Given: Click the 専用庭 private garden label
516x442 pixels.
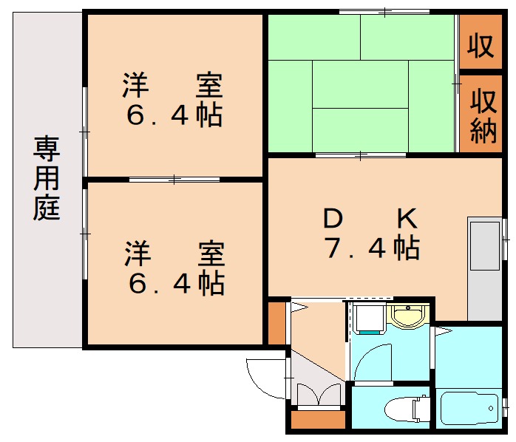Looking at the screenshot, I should click(46, 179).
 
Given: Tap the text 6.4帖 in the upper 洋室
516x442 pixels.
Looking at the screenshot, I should click(174, 117).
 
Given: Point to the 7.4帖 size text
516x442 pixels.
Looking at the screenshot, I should click(372, 249).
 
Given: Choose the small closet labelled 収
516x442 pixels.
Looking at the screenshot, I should click(480, 46).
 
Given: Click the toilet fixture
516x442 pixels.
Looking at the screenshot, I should click(403, 407).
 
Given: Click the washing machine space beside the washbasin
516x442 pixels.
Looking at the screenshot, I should click(367, 319).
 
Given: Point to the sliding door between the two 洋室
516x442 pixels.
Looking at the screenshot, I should click(174, 179).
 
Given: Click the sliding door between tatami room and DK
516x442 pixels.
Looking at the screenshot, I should click(361, 154).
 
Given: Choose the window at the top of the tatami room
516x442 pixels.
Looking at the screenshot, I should click(384, 11).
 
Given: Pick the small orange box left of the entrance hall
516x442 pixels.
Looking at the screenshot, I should click(276, 322).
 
